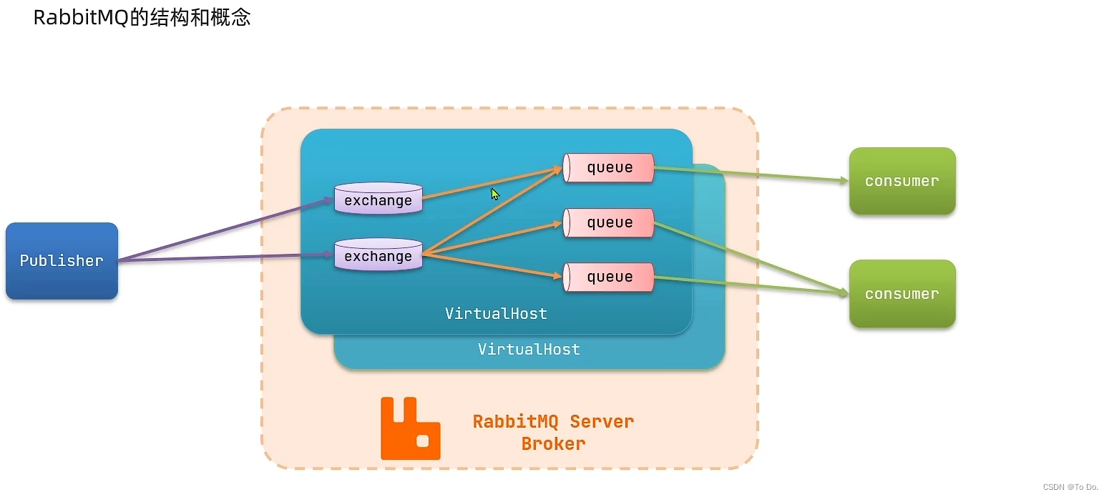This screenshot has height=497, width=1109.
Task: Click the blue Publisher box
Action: click(x=62, y=261)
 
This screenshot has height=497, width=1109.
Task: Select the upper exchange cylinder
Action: click(x=378, y=200)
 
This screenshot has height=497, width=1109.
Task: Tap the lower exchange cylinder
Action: click(x=378, y=255)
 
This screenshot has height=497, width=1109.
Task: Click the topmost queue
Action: click(x=609, y=167)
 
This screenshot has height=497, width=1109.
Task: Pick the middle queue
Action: click(x=609, y=222)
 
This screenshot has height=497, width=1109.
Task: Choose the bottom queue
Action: click(x=609, y=277)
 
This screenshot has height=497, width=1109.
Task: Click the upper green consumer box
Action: click(x=902, y=181)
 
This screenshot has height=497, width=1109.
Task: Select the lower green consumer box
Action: click(x=902, y=294)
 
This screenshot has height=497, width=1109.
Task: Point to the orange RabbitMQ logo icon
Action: click(x=410, y=428)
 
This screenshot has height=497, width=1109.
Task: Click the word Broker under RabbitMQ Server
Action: click(x=553, y=444)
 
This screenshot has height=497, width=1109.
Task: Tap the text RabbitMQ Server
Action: click(x=553, y=421)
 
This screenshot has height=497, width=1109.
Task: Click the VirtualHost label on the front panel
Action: click(x=496, y=313)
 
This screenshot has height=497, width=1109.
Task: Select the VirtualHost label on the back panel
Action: click(x=529, y=350)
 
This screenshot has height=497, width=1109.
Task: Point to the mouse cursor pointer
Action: click(x=494, y=193)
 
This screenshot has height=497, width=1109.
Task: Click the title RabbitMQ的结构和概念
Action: click(x=142, y=17)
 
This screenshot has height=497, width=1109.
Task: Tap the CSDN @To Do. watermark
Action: click(x=1070, y=487)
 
